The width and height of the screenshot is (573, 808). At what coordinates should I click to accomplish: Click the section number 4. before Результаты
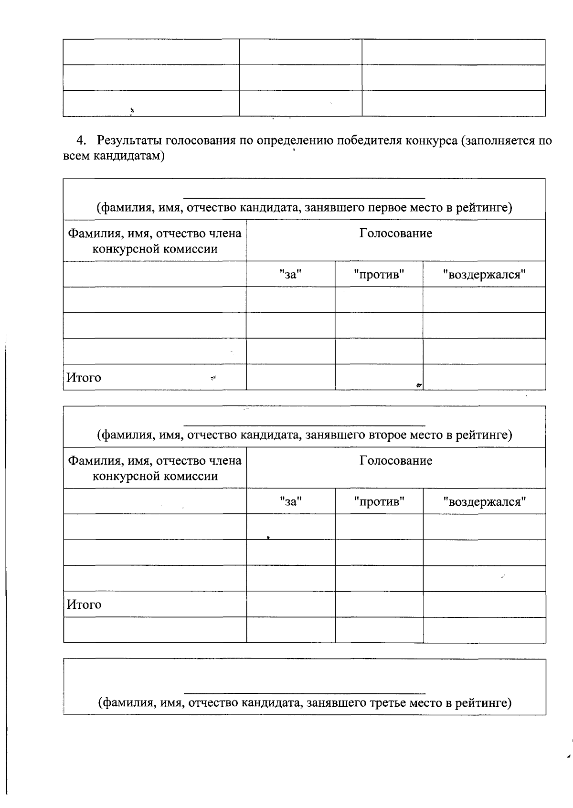82,141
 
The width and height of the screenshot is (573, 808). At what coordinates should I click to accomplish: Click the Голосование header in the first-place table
396,234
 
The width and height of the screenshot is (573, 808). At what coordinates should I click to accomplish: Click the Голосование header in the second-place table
396,461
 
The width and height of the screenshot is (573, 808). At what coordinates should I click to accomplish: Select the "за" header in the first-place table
291,274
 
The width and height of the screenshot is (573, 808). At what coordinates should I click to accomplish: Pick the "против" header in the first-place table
379,274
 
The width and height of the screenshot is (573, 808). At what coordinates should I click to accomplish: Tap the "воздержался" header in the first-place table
484,274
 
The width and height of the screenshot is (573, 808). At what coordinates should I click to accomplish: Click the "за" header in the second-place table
291,501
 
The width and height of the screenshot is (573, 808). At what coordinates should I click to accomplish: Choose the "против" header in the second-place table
379,501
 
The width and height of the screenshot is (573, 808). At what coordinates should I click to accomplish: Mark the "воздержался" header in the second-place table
484,501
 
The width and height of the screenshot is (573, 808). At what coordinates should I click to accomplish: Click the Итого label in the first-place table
84,378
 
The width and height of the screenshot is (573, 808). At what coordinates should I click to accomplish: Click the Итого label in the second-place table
84,605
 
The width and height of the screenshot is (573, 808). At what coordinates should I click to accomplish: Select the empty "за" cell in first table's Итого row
290,377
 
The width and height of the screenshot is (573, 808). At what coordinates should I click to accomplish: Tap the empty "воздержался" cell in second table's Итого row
484,604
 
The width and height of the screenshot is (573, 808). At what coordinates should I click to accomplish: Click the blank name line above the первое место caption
304,196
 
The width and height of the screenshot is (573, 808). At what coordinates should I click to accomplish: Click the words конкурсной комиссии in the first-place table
155,249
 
